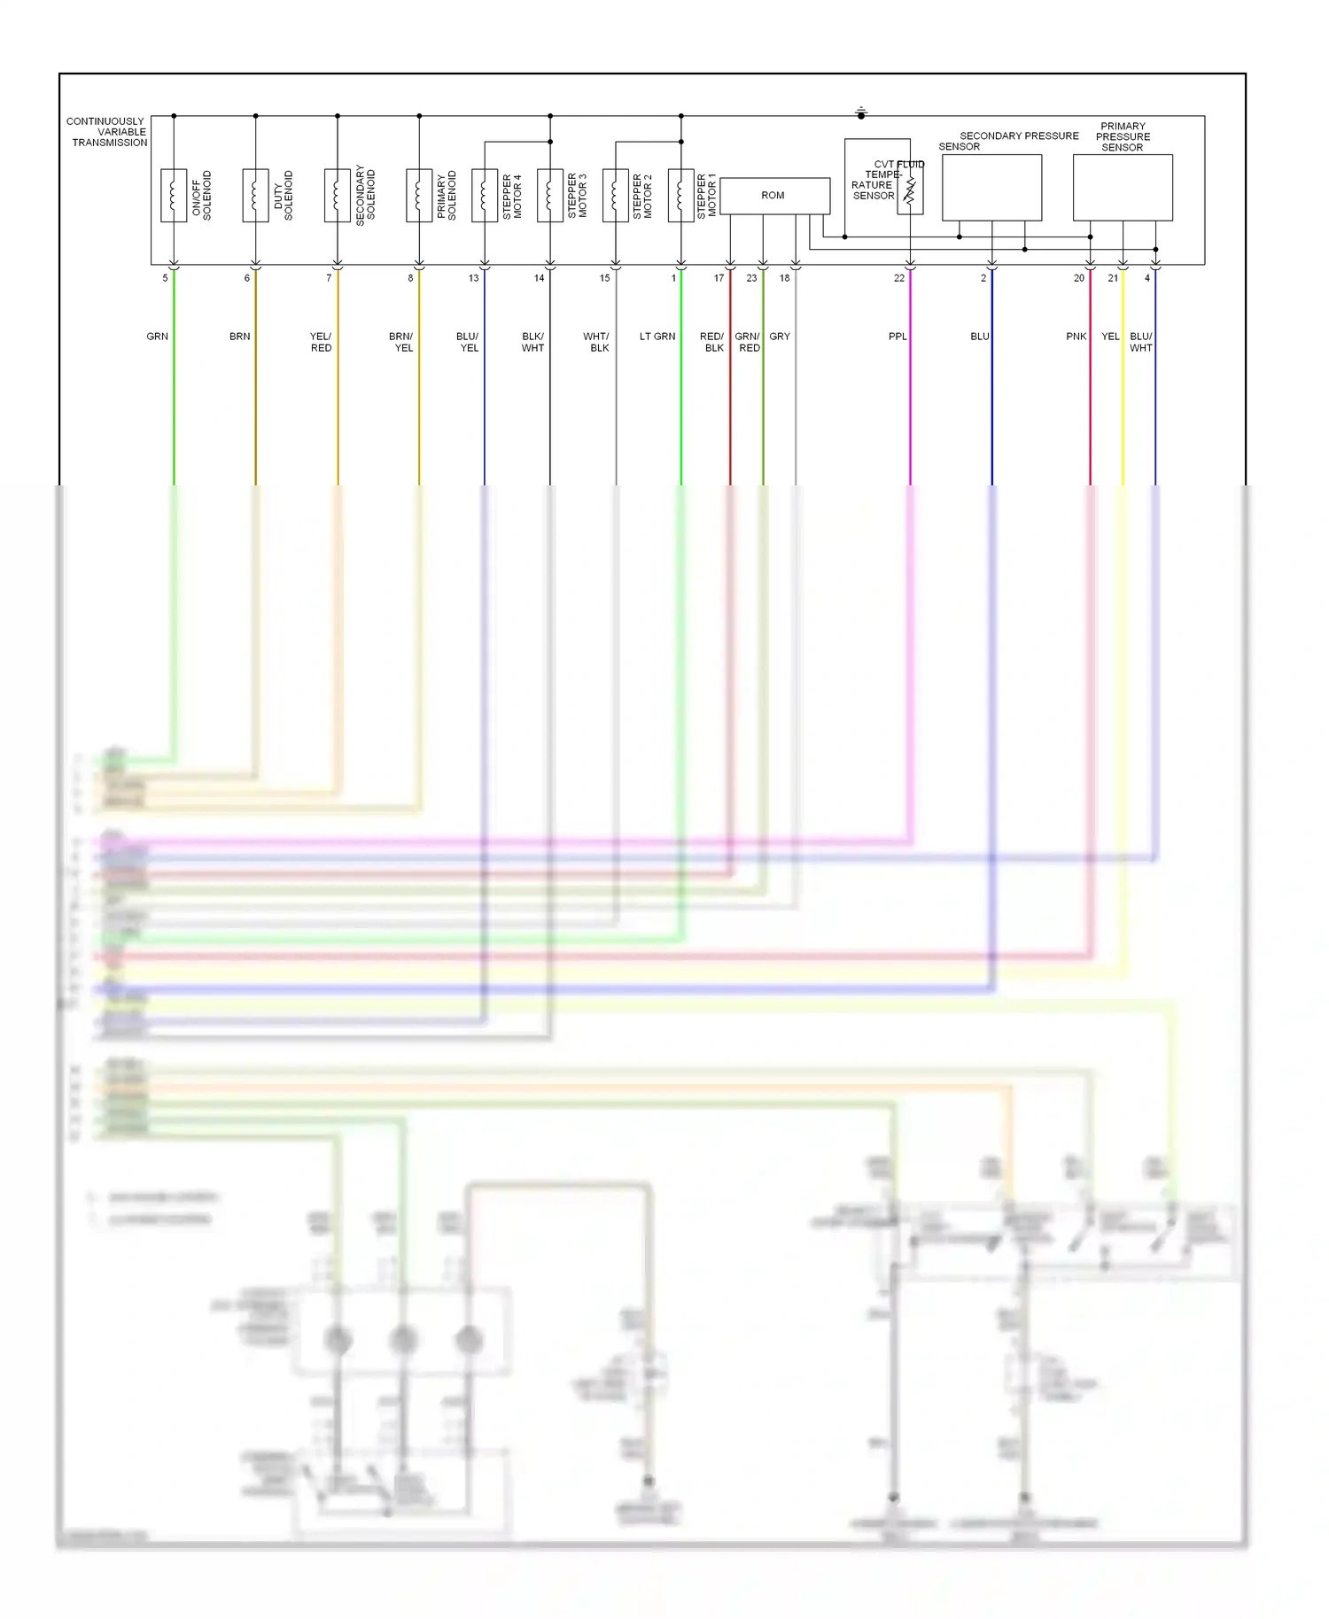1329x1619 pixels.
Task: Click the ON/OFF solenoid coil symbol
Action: pos(174,195)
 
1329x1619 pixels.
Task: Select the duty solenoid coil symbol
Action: pos(255,195)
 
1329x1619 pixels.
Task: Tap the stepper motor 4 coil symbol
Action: pos(485,195)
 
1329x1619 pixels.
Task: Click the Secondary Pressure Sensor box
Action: pos(991,188)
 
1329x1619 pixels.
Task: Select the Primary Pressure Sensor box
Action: pos(1123,188)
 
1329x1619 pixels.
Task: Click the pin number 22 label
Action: pos(899,278)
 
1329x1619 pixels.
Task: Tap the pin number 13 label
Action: pos(474,278)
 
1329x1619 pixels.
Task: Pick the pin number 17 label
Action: pos(719,278)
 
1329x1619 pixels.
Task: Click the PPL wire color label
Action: pos(898,337)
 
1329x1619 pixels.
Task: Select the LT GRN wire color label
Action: pos(657,337)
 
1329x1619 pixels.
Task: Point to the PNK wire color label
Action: pos(1076,337)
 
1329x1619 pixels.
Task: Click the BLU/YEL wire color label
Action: pos(468,342)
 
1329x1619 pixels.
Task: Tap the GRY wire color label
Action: pos(780,337)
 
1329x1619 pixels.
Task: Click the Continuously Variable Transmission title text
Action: pos(107,132)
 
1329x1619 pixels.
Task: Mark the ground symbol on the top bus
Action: pos(861,112)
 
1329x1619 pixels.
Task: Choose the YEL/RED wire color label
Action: pos(321,342)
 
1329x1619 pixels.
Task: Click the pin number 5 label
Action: pos(165,278)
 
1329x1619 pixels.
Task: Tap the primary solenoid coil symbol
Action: pos(419,195)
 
